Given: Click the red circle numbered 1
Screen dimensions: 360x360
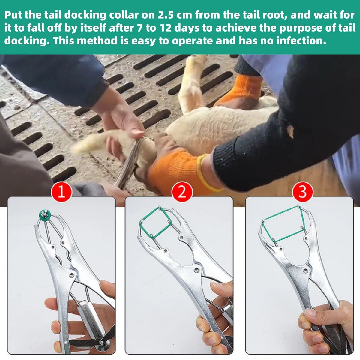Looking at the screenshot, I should [x=61, y=191].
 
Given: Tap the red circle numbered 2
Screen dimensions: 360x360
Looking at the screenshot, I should [x=182, y=191].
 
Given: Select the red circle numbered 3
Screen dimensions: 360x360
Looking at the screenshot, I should [x=302, y=191].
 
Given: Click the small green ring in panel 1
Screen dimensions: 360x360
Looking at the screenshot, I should [x=44, y=215].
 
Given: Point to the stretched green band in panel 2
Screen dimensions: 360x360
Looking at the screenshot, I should [x=155, y=222].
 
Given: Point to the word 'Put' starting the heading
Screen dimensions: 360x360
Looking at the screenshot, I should [x=13, y=15].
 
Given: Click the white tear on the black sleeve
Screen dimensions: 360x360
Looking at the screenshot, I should [x=290, y=131].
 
